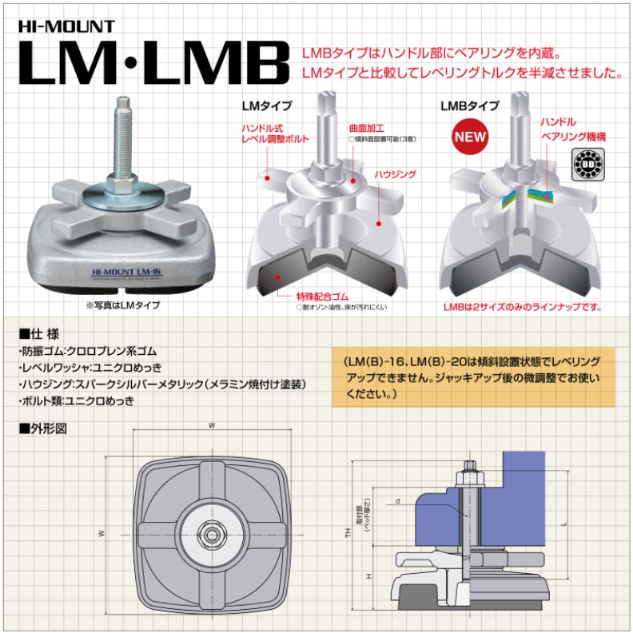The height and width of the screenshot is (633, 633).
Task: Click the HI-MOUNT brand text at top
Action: (x=67, y=25)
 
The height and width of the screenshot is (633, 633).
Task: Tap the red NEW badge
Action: (x=470, y=137)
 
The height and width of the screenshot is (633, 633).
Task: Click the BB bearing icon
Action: (x=588, y=163)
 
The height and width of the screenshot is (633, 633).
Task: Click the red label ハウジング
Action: (x=395, y=173)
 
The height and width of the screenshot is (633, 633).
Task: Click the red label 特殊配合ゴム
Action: (x=324, y=296)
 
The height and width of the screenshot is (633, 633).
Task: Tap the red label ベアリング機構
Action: (x=573, y=137)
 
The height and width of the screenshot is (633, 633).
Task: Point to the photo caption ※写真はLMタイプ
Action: (x=121, y=305)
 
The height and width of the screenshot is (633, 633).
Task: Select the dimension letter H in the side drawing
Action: (x=368, y=576)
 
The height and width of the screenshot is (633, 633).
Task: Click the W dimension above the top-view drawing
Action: (x=212, y=426)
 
